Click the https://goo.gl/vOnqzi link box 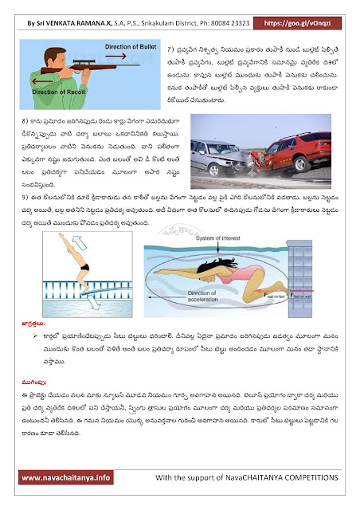315,14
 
